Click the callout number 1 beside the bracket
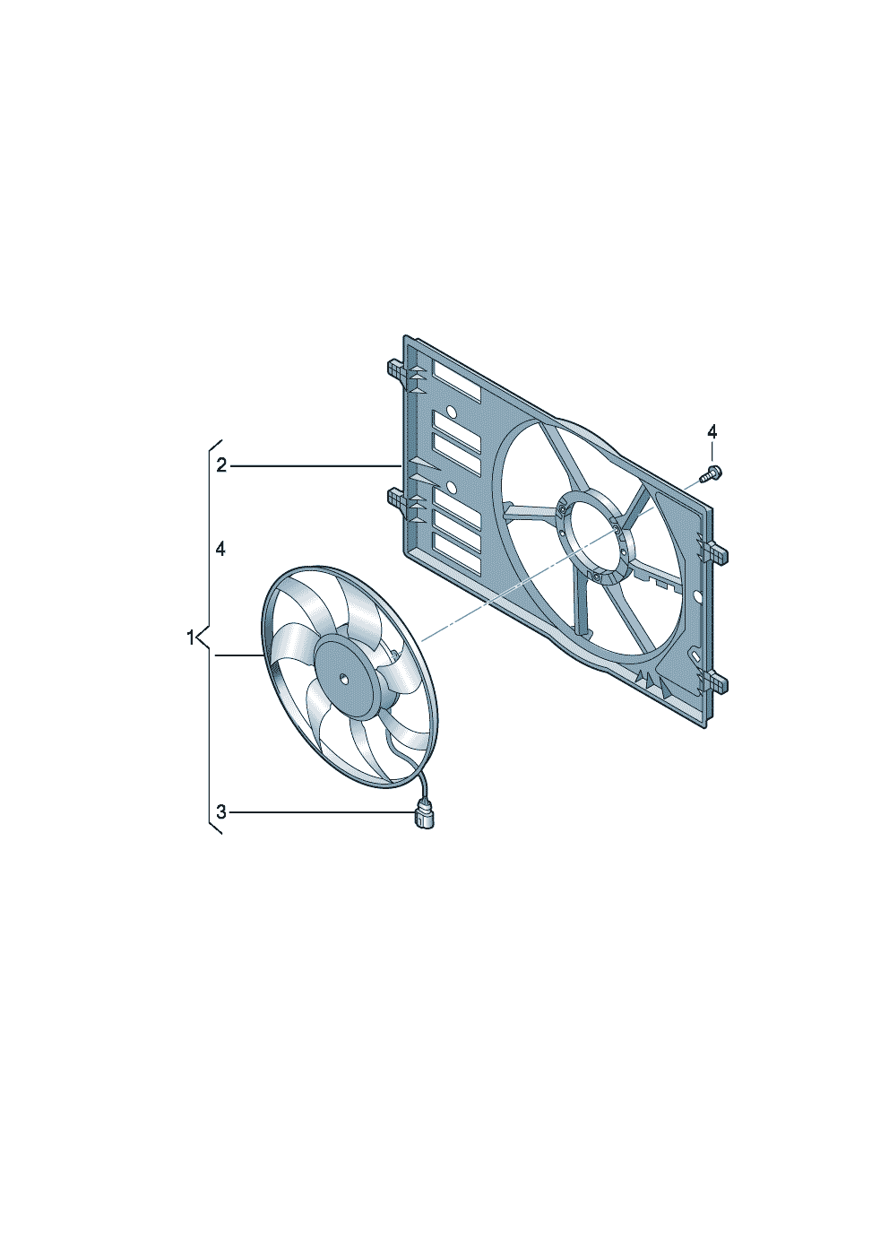click(x=190, y=638)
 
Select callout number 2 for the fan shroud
click(x=221, y=465)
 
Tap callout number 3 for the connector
click(x=221, y=811)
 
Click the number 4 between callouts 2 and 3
click(x=220, y=550)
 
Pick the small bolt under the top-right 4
click(x=711, y=474)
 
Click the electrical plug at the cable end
click(x=423, y=816)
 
